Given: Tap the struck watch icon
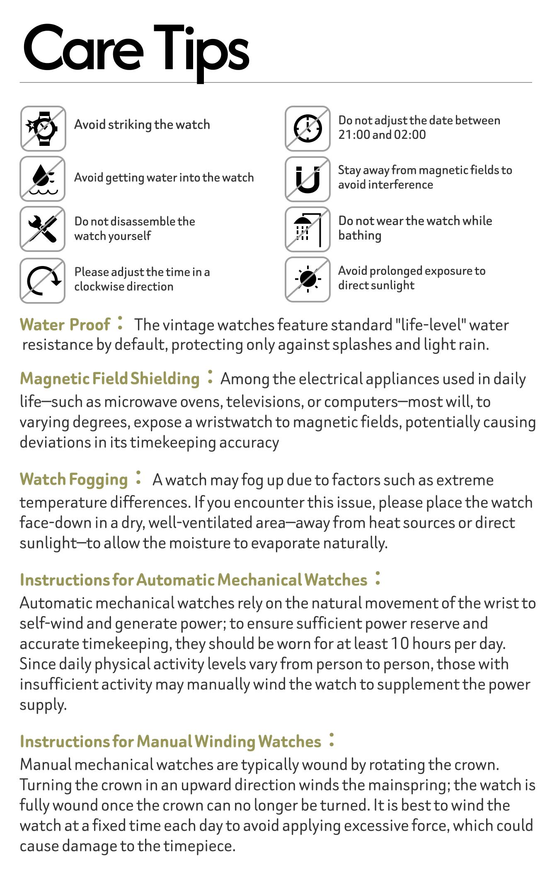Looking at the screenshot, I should [43, 128].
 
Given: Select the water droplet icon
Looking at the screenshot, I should [43, 179].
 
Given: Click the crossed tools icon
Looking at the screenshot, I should [43, 229].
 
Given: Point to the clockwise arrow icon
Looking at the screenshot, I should [43, 281].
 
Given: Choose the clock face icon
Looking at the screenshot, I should [307, 128].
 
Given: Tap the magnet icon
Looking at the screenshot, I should [307, 179].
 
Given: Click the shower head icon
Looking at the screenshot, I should [307, 229].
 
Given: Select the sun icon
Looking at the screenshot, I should [307, 279].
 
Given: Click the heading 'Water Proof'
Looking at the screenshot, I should [65, 324].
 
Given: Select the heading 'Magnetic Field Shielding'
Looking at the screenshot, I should [110, 378].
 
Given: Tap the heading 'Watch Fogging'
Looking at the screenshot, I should [74, 479].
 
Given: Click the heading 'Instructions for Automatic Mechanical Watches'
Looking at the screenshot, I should [194, 580].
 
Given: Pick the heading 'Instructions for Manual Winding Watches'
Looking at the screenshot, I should [170, 741].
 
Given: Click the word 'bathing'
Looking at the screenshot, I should [360, 235].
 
